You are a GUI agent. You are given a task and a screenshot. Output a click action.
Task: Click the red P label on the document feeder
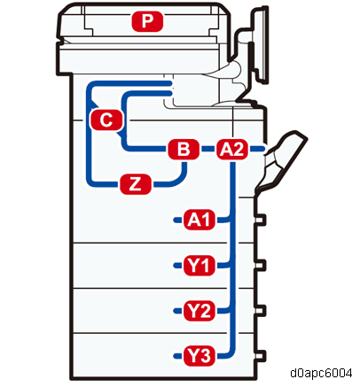pyautogui.click(x=147, y=21)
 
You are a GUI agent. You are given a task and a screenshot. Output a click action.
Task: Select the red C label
pyautogui.click(x=106, y=120)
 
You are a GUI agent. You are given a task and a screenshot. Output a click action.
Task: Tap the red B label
pyautogui.click(x=184, y=149)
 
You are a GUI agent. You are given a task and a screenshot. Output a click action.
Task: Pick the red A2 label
pyautogui.click(x=232, y=149)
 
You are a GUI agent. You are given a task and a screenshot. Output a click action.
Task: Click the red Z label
pyautogui.click(x=136, y=184)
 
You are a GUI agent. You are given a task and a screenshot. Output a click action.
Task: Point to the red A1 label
pyautogui.click(x=200, y=220)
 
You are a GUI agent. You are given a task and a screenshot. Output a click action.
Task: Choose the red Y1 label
pyautogui.click(x=200, y=265)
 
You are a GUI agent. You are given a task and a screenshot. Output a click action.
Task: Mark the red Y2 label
pyautogui.click(x=200, y=311)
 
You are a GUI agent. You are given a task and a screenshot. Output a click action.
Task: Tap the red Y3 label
pyautogui.click(x=200, y=356)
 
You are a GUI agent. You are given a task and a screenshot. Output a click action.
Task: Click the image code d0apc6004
pyautogui.click(x=321, y=373)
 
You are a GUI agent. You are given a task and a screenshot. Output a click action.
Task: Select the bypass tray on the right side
pyautogui.click(x=281, y=161)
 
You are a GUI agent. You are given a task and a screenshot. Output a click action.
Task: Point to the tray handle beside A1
pyautogui.click(x=260, y=220)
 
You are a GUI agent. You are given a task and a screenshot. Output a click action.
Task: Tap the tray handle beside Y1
pyautogui.click(x=260, y=266)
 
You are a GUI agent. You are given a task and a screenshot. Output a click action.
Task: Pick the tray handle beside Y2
pyautogui.click(x=260, y=311)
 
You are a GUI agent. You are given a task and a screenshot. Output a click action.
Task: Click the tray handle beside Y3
pyautogui.click(x=260, y=356)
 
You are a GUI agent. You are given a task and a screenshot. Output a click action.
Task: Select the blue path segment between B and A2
pyautogui.click(x=207, y=149)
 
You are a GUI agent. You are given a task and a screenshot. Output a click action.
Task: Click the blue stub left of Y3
pyautogui.click(x=177, y=356)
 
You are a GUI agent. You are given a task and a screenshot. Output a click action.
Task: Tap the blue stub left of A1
pyautogui.click(x=177, y=220)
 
